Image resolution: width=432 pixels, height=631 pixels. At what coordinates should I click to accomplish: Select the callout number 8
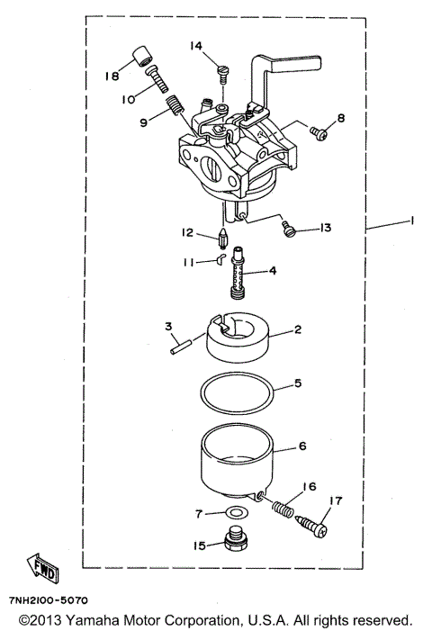coord(340,119)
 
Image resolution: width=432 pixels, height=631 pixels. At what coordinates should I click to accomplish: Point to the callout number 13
coord(324,229)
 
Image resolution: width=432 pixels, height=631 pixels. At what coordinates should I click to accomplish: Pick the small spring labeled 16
coord(283,507)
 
